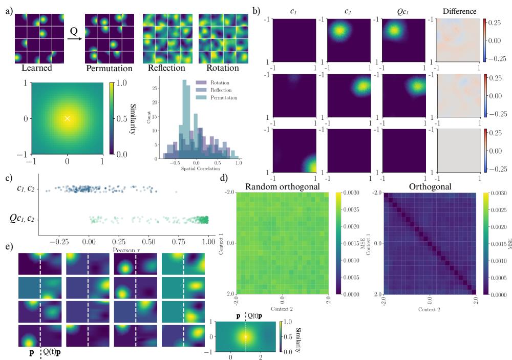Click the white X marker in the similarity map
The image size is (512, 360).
click(67, 118)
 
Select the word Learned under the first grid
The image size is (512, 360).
click(33, 68)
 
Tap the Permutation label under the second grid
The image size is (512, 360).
click(109, 68)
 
